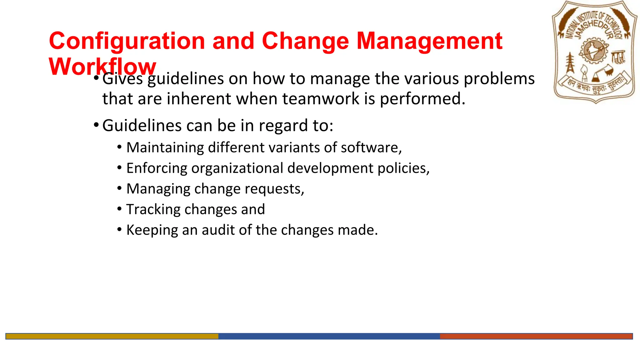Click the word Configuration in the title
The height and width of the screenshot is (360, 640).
click(x=127, y=41)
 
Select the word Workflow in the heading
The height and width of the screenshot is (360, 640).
click(x=102, y=67)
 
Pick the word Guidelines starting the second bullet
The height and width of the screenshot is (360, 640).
click(x=142, y=126)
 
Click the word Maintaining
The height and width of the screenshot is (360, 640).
click(x=165, y=147)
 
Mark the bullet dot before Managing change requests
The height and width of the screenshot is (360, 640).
click(x=119, y=188)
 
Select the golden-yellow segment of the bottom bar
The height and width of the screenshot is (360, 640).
click(x=112, y=336)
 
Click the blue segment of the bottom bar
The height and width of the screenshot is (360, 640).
click(x=329, y=336)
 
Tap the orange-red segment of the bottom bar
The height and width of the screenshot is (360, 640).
click(x=536, y=336)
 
